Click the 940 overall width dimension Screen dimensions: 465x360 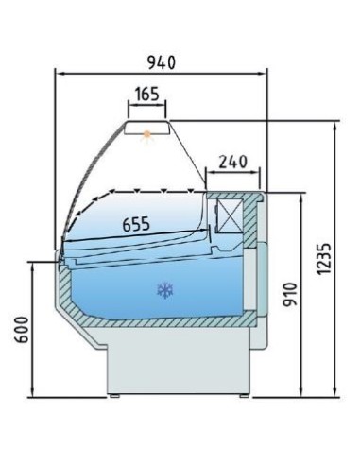tap(162, 61)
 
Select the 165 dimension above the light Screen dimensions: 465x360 tap(146, 95)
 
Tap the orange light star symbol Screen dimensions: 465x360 tap(146, 136)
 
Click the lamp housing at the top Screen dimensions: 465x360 tap(147, 129)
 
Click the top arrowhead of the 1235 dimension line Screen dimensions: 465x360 tap(336, 123)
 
